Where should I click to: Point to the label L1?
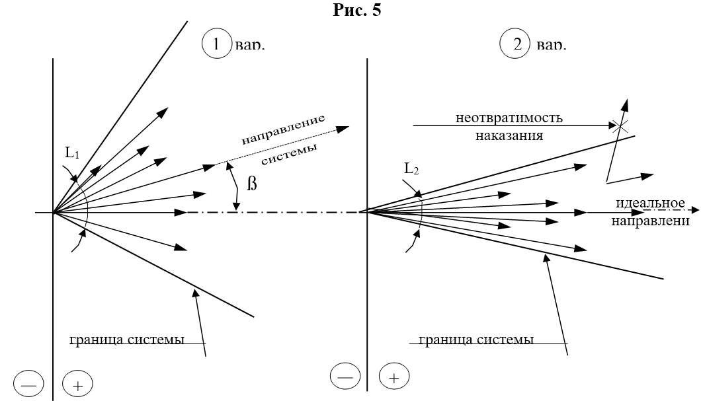pyautogui.click(x=71, y=154)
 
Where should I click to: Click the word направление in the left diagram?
pyautogui.click(x=282, y=131)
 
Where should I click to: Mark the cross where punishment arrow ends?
pyautogui.click(x=620, y=125)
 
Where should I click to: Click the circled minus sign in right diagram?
pyautogui.click(x=345, y=377)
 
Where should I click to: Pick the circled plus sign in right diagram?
pyautogui.click(x=393, y=377)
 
